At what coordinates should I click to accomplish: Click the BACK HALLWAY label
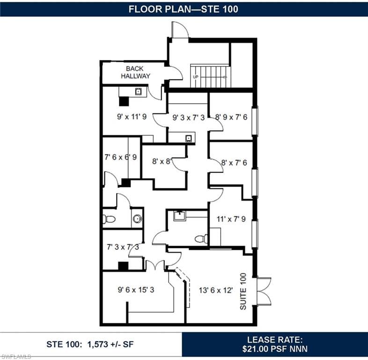pos(135,72)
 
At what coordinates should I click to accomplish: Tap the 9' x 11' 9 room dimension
pos(132,116)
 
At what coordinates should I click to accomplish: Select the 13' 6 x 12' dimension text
pos(216,290)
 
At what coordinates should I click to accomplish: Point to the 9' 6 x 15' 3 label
pos(136,290)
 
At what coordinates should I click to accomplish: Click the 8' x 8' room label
pos(162,161)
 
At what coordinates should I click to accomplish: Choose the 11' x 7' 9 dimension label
pos(231,219)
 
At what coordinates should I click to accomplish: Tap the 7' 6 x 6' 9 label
pos(121,157)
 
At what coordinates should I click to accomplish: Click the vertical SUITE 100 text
pos(243,291)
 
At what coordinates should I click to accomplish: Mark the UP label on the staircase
pos(196,77)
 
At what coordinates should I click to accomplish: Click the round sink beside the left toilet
pos(137,219)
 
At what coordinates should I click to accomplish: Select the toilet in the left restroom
pos(109,219)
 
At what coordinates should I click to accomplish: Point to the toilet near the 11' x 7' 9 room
pos(201,239)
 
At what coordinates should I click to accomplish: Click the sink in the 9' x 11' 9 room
pos(138,91)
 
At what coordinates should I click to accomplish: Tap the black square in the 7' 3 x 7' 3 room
pos(123,266)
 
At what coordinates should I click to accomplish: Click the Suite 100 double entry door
pos(264,292)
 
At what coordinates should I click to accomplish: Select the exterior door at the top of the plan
pos(180,30)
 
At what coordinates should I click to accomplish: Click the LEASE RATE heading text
pos(275,340)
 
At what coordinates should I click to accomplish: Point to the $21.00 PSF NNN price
pos(275,349)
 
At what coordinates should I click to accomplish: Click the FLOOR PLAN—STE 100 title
pos(183,9)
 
